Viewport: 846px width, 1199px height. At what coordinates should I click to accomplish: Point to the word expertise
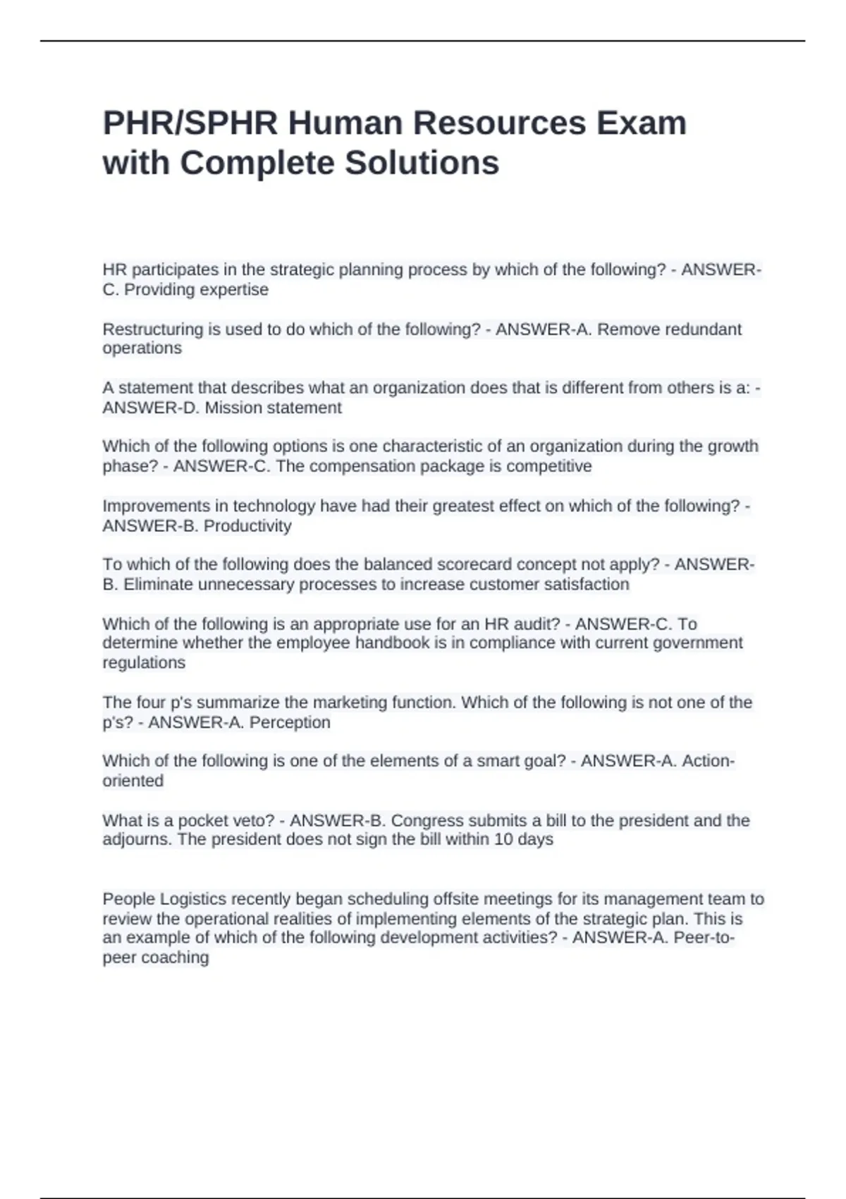point(233,290)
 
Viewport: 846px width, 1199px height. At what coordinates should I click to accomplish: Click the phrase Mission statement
point(273,408)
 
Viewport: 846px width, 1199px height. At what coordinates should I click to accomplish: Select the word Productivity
point(247,526)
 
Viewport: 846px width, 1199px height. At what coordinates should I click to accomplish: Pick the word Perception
point(290,722)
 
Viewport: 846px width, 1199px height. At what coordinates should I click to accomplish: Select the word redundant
point(702,329)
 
